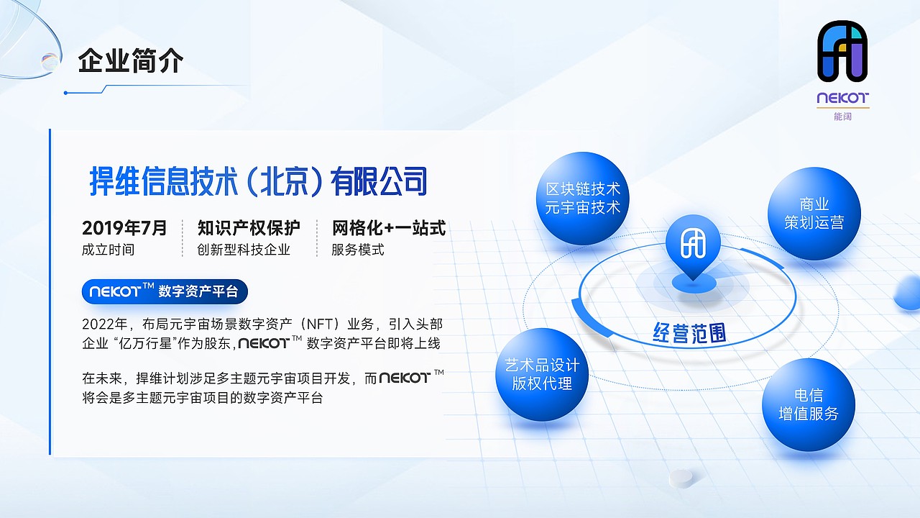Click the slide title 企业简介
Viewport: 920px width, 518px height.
tap(131, 61)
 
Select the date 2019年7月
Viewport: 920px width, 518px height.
tap(124, 229)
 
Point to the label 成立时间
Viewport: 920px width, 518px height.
tap(108, 250)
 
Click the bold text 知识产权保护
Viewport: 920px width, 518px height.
tap(249, 229)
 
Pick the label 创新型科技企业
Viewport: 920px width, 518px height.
tap(244, 250)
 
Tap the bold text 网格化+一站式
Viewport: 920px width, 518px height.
tap(389, 229)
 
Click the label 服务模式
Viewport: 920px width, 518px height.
tap(358, 250)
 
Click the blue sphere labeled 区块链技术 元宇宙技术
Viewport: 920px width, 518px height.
tap(582, 199)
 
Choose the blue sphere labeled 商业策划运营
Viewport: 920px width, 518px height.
tap(814, 214)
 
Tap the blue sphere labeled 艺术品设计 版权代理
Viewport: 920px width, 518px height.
tap(542, 375)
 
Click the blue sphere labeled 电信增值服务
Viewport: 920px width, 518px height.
tap(809, 404)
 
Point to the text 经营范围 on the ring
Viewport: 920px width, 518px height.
tap(689, 333)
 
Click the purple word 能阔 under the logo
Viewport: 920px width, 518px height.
tap(842, 116)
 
